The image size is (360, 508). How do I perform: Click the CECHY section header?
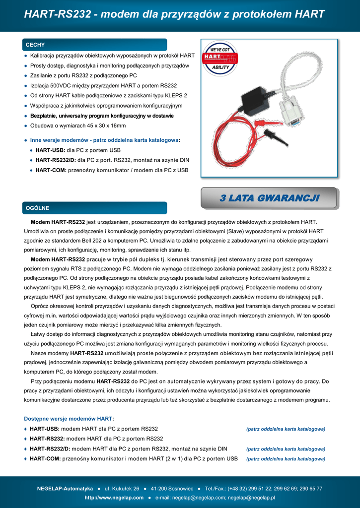coord(35,45)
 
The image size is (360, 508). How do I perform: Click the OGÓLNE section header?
coord(38,208)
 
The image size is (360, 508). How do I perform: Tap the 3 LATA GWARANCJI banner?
coord(269,198)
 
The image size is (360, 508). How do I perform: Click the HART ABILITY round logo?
coord(220,58)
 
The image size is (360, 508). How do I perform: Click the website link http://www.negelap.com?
coord(114,498)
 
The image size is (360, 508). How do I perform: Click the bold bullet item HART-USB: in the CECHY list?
coord(50,150)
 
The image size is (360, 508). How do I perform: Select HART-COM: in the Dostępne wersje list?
coord(45,459)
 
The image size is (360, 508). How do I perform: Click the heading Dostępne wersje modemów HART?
coord(69,419)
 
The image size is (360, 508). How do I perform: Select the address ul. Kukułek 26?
coord(122,489)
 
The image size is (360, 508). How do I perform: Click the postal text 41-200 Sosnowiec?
coord(172,489)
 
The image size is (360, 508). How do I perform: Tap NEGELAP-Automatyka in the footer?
coord(65,489)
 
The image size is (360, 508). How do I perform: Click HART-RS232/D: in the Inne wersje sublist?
coord(56,160)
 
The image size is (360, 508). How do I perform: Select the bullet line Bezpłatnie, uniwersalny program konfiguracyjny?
coord(102,116)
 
